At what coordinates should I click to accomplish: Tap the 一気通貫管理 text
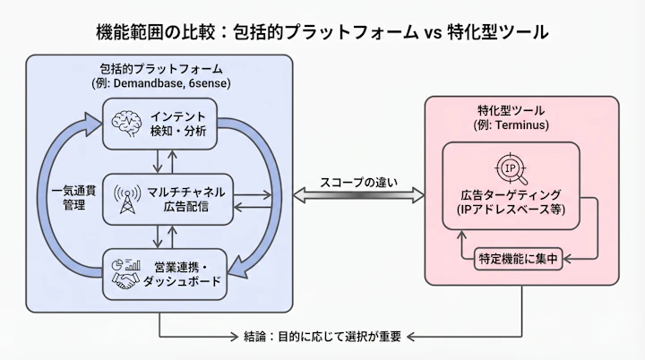point(67,198)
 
